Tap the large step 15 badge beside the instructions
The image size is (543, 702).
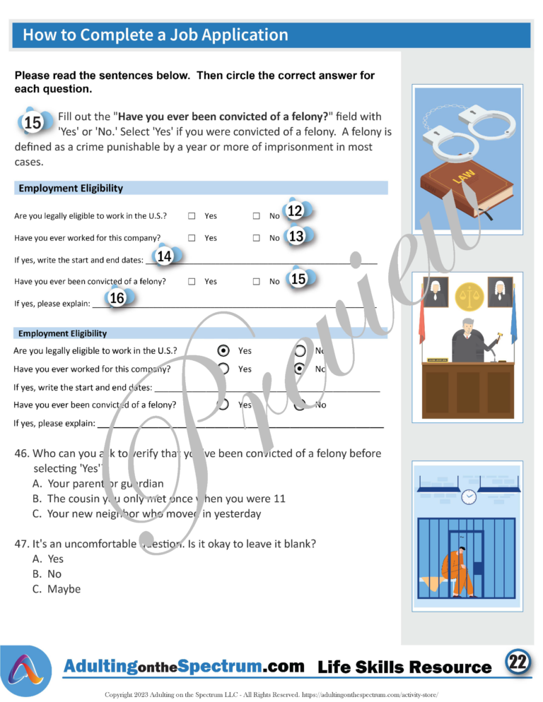point(33,123)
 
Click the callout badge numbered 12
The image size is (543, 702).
point(295,210)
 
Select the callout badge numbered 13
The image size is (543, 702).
point(296,237)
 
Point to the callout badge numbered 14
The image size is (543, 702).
point(165,256)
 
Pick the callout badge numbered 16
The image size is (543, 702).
point(117,298)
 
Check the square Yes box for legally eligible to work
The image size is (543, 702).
point(192,216)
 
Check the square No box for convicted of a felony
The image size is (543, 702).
point(257,281)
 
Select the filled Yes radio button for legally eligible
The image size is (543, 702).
point(223,350)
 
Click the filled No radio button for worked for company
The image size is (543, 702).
point(300,369)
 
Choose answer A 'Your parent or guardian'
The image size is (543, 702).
point(105,484)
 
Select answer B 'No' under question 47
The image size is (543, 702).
point(54,574)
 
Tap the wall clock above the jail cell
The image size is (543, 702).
point(468,497)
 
